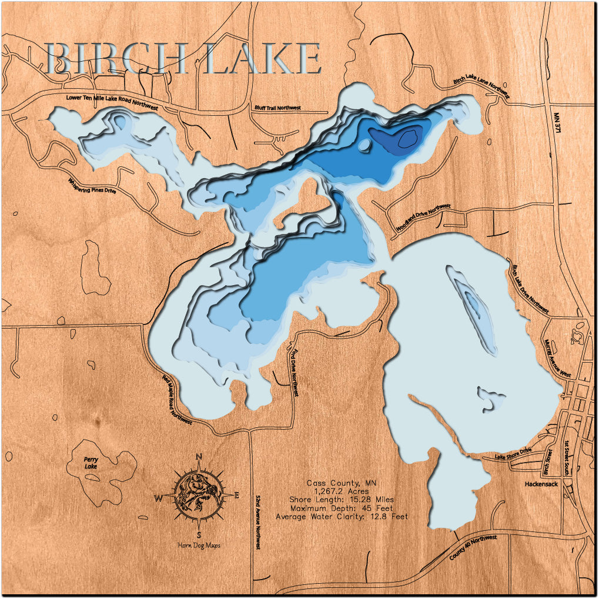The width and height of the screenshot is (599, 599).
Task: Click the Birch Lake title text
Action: point(184,58)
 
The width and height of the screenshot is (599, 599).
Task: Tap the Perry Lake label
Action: point(91,463)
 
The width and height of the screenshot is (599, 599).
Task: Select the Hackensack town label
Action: point(541,484)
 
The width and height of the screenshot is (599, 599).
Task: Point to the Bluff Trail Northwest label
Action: point(277,108)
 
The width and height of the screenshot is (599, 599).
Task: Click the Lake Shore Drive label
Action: point(513,453)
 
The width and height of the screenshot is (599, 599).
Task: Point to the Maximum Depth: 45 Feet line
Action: point(342,508)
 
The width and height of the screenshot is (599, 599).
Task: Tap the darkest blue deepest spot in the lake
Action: point(407,138)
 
